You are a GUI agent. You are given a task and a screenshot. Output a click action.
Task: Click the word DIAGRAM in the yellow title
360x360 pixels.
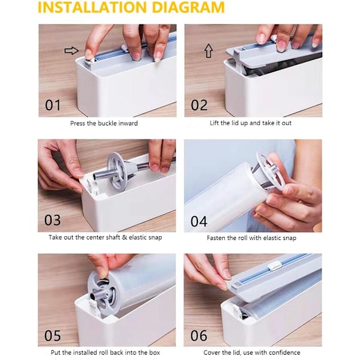click(x=188, y=7)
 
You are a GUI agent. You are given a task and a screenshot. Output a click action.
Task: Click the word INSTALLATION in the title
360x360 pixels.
click(x=92, y=7)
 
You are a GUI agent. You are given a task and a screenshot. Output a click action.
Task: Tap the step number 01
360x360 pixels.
click(x=53, y=105)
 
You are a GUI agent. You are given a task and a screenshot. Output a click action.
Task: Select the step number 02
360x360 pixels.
click(x=199, y=105)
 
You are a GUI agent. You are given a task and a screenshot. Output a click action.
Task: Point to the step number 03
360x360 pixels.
click(x=53, y=220)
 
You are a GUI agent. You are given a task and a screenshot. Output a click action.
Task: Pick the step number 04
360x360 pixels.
click(x=199, y=221)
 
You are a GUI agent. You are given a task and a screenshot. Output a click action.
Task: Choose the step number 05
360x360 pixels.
click(x=53, y=335)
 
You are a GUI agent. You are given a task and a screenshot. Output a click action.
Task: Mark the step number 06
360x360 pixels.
click(x=199, y=335)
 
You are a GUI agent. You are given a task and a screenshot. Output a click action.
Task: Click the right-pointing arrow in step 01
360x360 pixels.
click(x=71, y=50)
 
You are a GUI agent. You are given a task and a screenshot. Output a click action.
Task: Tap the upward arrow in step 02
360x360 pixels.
click(x=208, y=51)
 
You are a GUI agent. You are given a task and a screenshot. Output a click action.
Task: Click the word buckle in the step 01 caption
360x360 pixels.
click(x=107, y=123)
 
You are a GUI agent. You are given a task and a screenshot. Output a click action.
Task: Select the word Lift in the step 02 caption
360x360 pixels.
click(x=214, y=123)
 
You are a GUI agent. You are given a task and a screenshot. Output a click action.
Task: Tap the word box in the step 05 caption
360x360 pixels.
click(x=155, y=352)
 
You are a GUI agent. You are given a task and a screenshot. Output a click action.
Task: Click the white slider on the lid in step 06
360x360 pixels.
click(x=275, y=266)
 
